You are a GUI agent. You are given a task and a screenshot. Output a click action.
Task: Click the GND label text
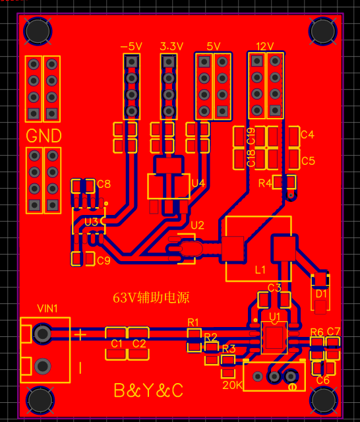[44, 136]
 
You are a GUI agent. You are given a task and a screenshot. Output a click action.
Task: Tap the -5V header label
[131, 47]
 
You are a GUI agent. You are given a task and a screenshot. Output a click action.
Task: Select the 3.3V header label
[171, 46]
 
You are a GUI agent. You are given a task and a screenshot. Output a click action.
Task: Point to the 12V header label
[265, 46]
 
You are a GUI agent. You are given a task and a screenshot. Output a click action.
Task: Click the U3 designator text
[91, 222]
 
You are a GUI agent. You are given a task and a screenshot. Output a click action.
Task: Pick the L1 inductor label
[260, 270]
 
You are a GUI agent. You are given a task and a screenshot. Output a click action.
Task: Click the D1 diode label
[321, 294]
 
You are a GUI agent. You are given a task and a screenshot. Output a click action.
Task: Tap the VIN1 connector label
[47, 309]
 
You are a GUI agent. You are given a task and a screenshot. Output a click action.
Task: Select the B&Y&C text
[148, 390]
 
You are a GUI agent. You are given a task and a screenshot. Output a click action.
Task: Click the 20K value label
[232, 385]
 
